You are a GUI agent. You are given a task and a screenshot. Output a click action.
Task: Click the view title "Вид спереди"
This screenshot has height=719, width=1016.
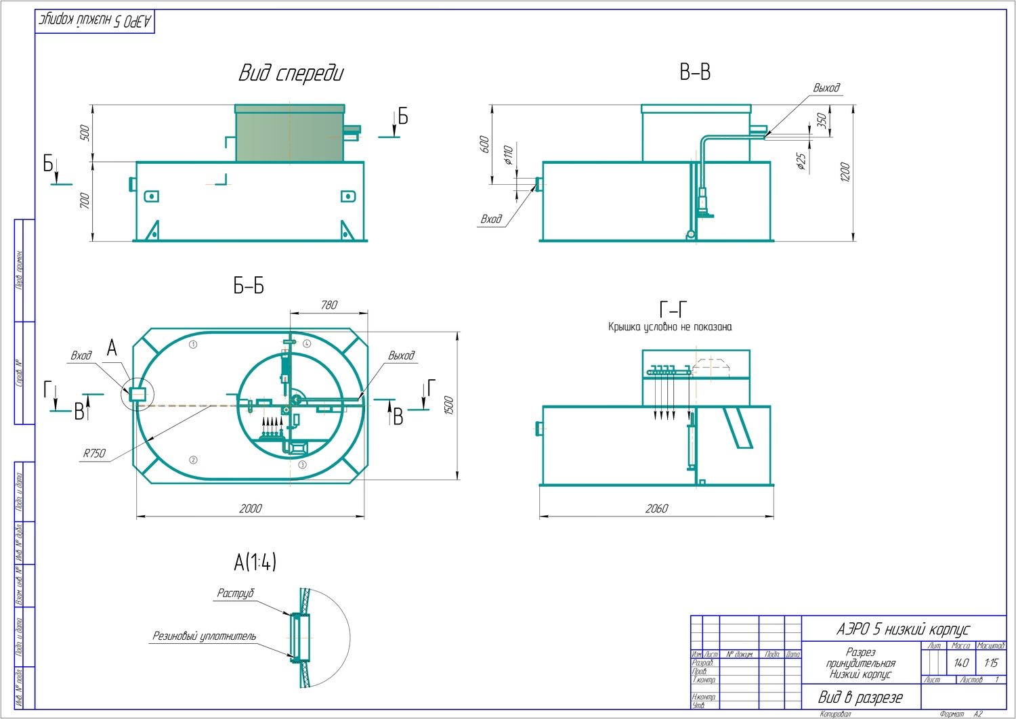tap(291, 73)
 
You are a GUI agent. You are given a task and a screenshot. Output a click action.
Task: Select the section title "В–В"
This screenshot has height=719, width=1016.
tap(695, 72)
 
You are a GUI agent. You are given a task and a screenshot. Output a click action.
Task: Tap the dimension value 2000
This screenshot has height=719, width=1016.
tap(250, 508)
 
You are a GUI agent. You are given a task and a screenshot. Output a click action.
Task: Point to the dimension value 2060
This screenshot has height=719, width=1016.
tap(656, 508)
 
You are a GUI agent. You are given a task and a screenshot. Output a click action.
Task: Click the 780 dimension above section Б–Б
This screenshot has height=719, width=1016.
tap(329, 305)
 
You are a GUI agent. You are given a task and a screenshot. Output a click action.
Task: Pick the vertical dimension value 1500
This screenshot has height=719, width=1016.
tap(448, 406)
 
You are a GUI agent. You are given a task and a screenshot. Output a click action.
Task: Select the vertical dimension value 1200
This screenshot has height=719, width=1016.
tap(845, 173)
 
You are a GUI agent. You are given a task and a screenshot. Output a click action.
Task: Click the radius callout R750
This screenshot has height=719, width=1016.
tap(94, 454)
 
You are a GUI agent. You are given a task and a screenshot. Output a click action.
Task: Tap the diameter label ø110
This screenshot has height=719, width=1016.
tap(508, 155)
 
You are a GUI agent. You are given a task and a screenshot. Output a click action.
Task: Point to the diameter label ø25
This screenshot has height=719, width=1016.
tap(801, 161)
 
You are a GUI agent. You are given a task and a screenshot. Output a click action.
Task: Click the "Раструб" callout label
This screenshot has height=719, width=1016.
tap(235, 593)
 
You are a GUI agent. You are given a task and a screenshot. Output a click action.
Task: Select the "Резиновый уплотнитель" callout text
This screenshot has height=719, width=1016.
tap(204, 636)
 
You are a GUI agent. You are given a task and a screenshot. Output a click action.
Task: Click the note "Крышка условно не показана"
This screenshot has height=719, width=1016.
tap(669, 327)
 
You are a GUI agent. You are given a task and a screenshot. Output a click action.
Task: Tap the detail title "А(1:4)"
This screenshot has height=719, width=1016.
tap(255, 562)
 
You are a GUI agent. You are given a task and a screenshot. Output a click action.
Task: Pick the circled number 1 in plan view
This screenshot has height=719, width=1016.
tap(193, 344)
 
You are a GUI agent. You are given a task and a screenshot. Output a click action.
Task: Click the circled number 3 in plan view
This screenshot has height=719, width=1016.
tap(302, 464)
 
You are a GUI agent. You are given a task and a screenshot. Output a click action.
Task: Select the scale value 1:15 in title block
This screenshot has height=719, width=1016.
tap(990, 663)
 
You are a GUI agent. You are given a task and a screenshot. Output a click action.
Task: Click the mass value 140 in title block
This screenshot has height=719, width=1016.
tap(960, 663)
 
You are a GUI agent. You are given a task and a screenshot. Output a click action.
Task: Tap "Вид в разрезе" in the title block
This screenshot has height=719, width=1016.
tap(860, 697)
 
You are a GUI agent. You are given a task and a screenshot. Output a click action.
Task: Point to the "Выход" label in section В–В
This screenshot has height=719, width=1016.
tap(826, 88)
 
